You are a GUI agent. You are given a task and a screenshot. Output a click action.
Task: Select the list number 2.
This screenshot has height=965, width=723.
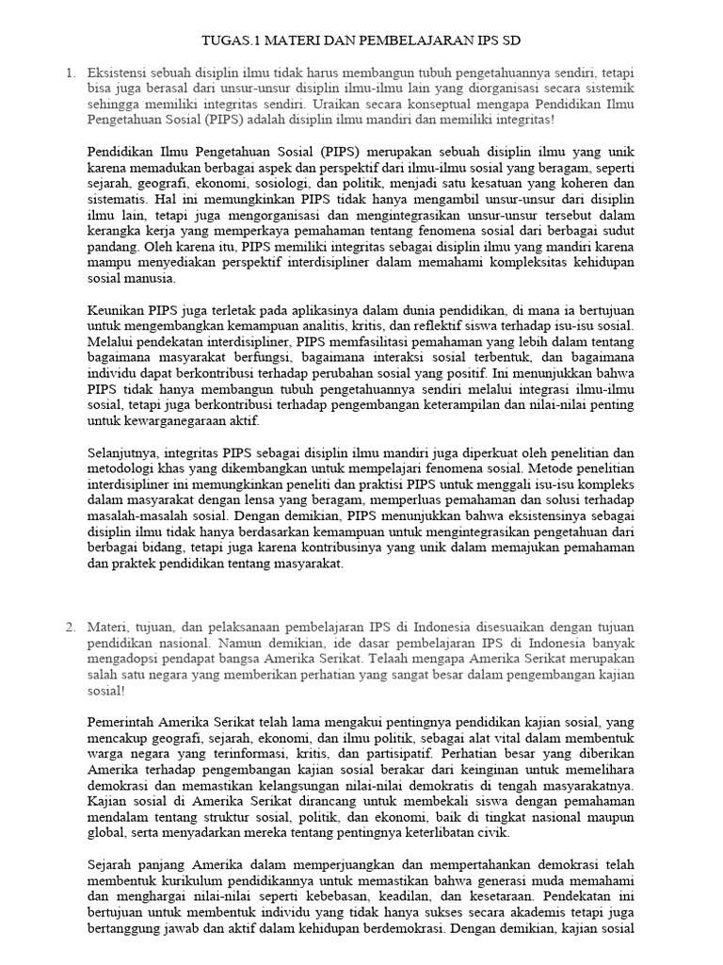coord(70,627)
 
